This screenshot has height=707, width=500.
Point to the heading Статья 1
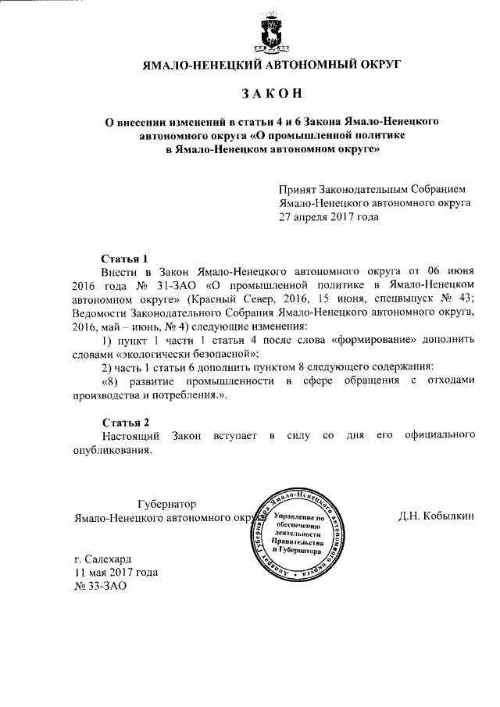point(126,258)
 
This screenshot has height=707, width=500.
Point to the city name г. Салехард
point(102,559)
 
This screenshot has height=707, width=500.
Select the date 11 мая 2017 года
point(115,572)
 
